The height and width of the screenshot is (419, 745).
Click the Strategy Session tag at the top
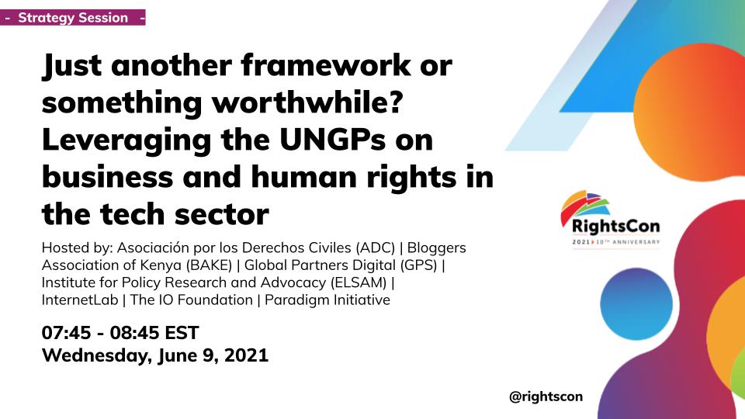[73, 18]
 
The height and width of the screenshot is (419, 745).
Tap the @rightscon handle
[546, 396]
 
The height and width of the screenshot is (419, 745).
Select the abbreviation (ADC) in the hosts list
[375, 248]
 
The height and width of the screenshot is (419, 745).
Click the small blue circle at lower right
[630, 307]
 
